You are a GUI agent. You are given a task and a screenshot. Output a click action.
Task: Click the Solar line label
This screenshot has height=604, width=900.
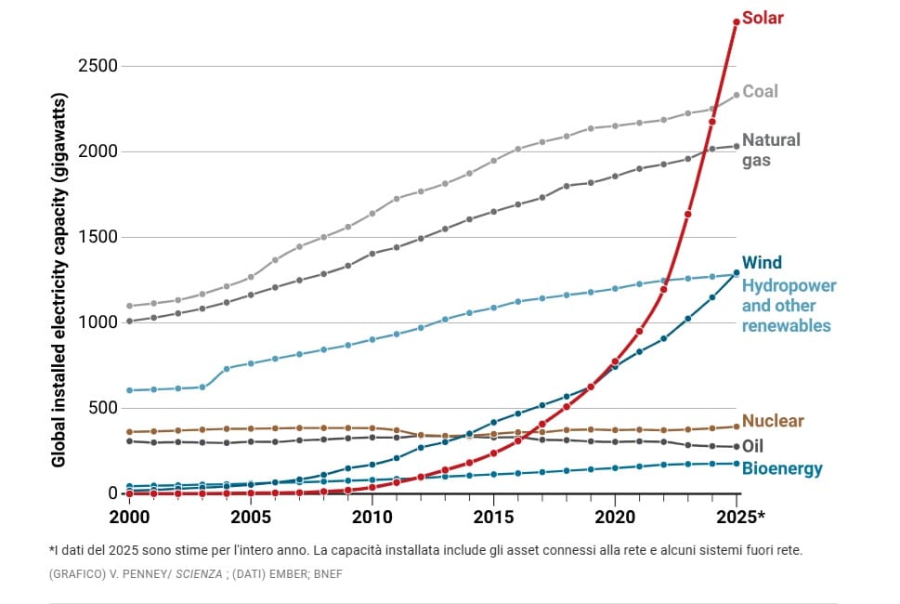pos(763,19)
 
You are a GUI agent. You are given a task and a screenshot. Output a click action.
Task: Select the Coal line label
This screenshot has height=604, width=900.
pos(761,91)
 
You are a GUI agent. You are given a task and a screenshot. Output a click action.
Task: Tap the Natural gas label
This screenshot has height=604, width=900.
pos(771,150)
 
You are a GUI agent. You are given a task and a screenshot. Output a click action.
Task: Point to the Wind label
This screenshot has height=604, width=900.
pos(763,263)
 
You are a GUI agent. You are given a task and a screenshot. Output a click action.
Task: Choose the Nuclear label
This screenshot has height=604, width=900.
pos(773,421)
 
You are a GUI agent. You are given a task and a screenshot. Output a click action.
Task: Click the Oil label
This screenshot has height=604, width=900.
pos(753,446)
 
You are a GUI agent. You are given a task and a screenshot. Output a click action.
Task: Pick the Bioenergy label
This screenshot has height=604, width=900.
pos(782,468)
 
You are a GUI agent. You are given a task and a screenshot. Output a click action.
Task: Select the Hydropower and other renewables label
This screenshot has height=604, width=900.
pos(789,306)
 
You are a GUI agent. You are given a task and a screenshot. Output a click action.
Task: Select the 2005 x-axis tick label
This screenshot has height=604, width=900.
pos(251,516)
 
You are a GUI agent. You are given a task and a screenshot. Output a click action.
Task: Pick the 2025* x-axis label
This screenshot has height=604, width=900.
pos(740,516)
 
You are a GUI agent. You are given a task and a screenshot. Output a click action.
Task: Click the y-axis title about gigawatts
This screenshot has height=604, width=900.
pos(59,279)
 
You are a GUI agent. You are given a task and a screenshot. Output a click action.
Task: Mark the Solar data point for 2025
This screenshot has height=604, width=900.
pos(737,21)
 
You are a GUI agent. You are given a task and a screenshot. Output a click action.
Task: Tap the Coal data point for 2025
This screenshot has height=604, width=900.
pos(737,95)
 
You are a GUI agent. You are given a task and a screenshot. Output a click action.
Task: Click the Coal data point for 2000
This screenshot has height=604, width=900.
pos(129,306)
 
